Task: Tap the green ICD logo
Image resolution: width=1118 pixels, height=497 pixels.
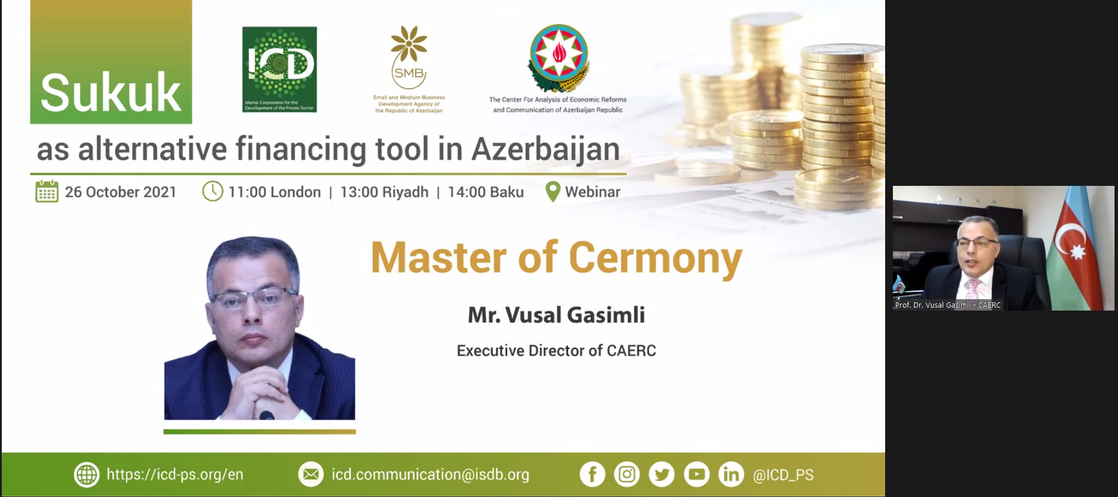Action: [x=279, y=69]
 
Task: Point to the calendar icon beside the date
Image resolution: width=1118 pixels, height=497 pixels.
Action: [x=47, y=191]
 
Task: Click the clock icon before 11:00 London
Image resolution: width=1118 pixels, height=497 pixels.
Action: [x=212, y=191]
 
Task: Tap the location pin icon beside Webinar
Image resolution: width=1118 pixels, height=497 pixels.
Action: [x=552, y=192]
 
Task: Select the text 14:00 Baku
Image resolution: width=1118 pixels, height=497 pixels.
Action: [x=485, y=192]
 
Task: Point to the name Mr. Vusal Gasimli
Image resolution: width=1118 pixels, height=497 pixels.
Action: [x=556, y=315]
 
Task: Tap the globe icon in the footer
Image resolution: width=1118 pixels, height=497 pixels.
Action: [x=86, y=474]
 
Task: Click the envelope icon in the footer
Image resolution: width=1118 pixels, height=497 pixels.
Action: [x=311, y=474]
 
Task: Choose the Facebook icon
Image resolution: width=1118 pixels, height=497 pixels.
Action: [x=592, y=474]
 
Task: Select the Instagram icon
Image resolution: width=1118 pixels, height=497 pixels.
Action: [x=627, y=474]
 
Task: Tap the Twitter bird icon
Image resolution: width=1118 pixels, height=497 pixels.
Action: [x=661, y=474]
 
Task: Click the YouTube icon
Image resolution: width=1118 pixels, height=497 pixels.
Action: [x=696, y=474]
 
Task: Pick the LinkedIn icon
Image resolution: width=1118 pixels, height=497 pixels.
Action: [x=731, y=474]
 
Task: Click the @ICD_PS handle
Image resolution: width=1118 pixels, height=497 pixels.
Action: [x=783, y=475]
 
